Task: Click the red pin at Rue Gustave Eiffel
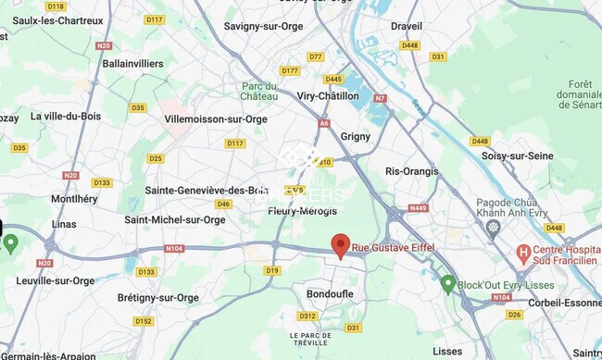click(x=341, y=245)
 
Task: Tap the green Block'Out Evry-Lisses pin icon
click(x=448, y=283)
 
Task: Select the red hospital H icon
click(x=523, y=252)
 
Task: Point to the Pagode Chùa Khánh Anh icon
click(x=493, y=227)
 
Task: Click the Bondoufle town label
click(x=330, y=293)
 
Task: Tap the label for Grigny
click(x=356, y=136)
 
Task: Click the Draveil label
click(x=407, y=26)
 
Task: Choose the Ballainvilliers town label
click(x=132, y=64)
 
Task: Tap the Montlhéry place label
click(x=74, y=199)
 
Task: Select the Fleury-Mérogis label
click(x=302, y=211)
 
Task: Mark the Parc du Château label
click(x=259, y=91)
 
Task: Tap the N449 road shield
click(x=418, y=208)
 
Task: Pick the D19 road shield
click(x=271, y=270)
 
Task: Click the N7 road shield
click(x=379, y=97)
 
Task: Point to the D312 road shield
click(x=307, y=316)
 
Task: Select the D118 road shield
click(x=56, y=6)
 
